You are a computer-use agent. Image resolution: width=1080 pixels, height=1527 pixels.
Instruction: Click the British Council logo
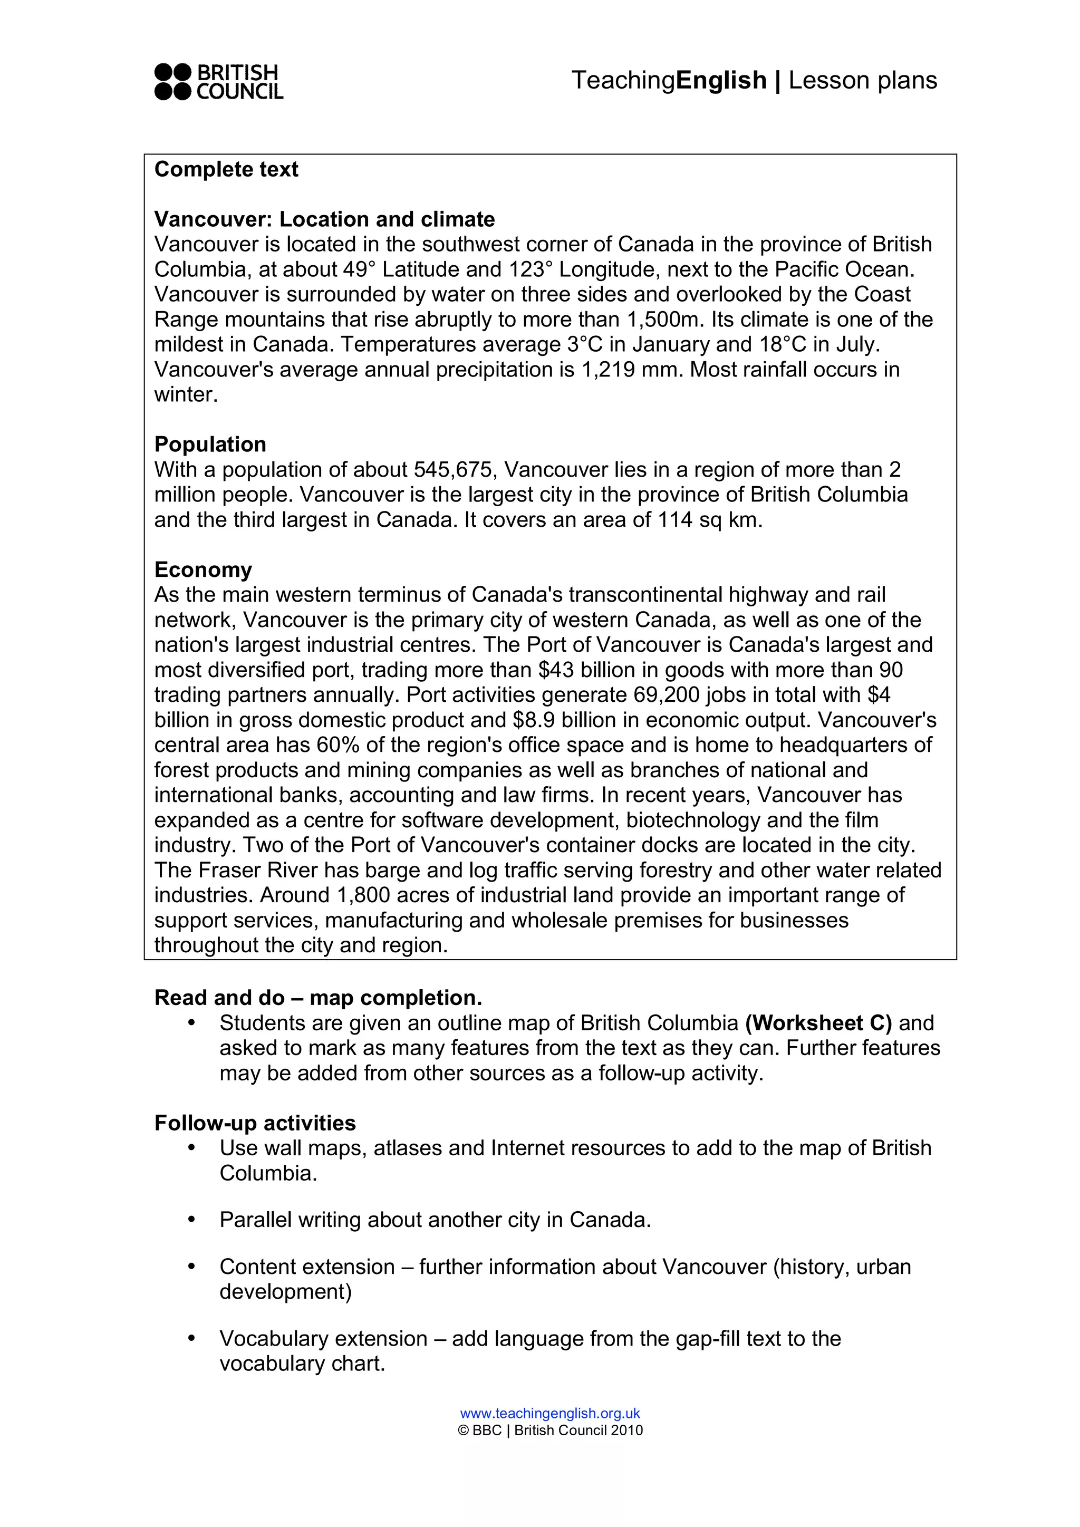coord(218,82)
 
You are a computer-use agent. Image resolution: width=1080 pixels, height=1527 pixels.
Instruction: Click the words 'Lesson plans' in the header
coord(863,81)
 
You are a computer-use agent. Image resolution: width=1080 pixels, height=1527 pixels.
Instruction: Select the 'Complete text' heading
coord(226,170)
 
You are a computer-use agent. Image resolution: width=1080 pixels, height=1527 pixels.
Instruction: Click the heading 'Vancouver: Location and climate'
coord(324,219)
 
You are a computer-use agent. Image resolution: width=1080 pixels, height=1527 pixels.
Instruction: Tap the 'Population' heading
coord(210,444)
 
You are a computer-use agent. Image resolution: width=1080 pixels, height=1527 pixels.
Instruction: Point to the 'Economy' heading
coord(203,570)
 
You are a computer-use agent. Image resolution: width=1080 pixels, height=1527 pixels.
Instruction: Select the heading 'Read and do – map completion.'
coord(318,998)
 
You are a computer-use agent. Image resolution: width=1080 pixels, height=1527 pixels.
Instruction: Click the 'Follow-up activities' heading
coord(255,1123)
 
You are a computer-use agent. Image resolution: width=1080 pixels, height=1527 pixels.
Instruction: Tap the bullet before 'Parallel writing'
coord(191,1219)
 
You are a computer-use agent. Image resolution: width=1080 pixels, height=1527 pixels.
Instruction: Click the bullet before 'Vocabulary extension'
coord(191,1338)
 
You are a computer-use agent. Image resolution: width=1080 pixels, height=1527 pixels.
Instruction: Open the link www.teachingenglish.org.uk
coord(550,1413)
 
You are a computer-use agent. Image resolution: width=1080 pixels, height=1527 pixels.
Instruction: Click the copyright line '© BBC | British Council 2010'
coord(550,1431)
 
